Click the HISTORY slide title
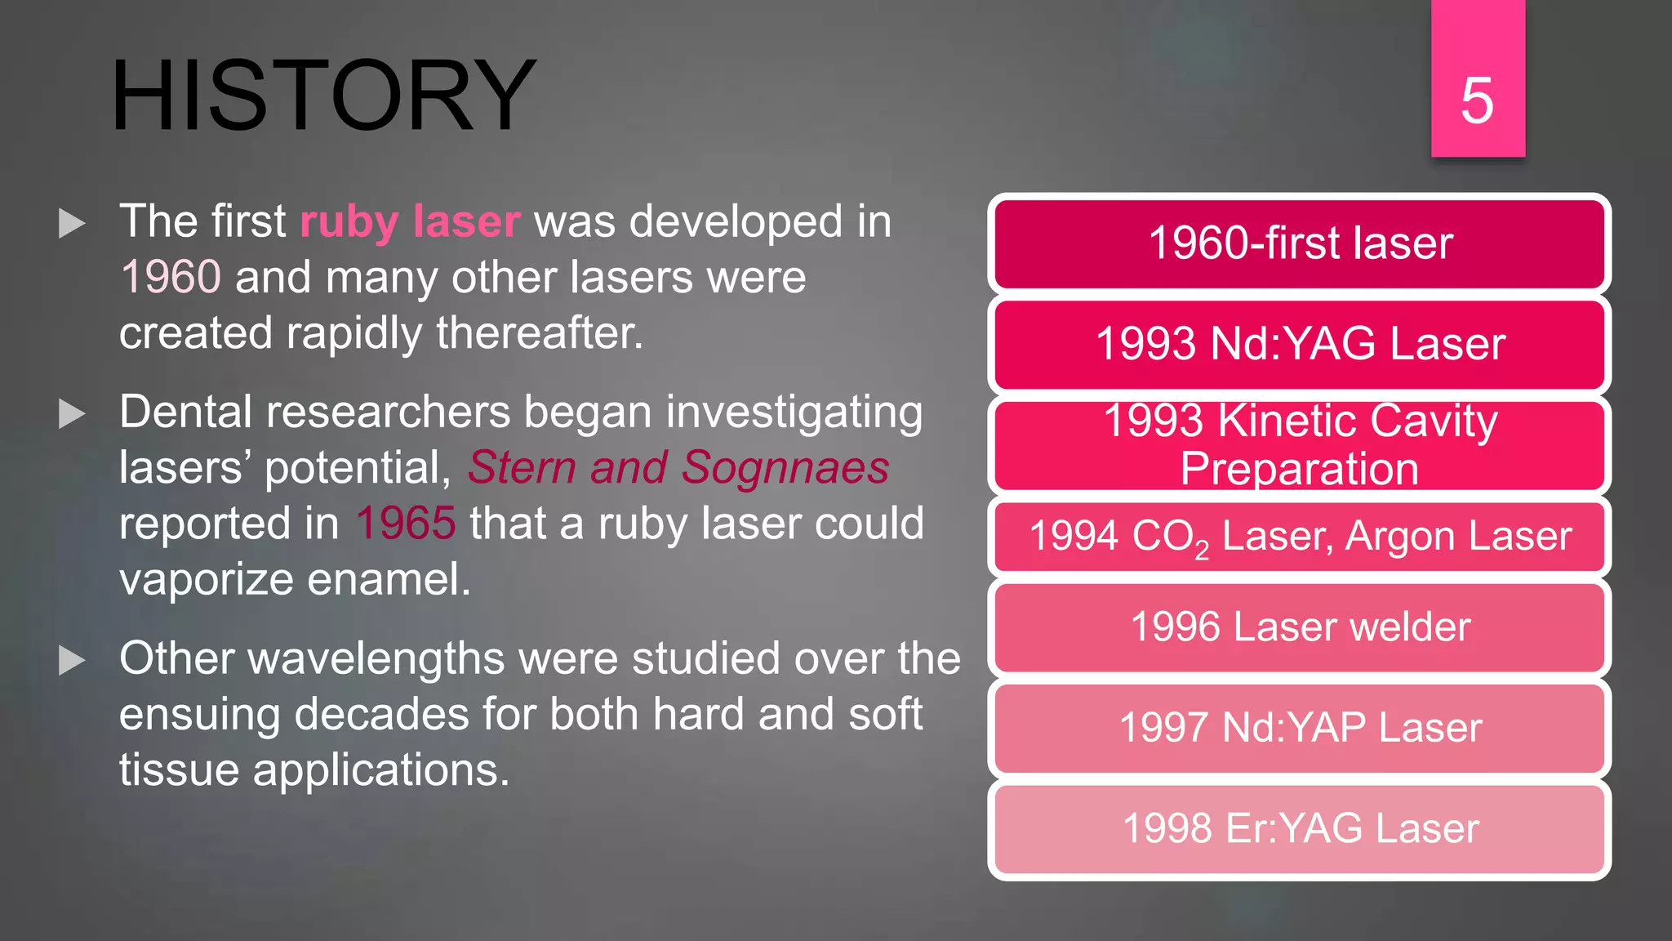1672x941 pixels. click(323, 96)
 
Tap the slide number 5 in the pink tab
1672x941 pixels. click(1477, 100)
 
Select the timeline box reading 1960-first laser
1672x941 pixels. click(1300, 243)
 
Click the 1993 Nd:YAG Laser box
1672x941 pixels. click(1300, 344)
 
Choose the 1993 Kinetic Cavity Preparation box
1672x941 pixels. click(1300, 445)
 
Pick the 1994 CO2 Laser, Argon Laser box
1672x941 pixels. click(1300, 537)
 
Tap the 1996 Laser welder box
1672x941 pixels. click(1300, 627)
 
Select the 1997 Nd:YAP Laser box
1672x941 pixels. click(1300, 728)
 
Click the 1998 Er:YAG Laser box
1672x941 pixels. click(1300, 828)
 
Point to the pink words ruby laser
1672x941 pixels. click(410, 222)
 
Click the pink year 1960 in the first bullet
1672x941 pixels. click(171, 277)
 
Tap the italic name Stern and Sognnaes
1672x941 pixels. click(678, 468)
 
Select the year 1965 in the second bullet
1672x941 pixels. click(405, 524)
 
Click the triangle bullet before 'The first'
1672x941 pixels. click(73, 223)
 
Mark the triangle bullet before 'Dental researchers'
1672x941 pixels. click(73, 414)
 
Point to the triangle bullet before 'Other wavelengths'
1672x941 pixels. click(73, 661)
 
